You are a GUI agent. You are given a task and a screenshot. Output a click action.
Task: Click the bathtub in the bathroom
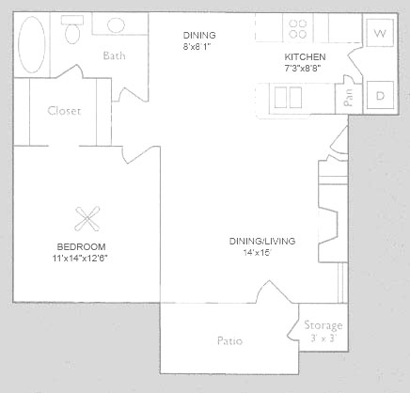pos(31,44)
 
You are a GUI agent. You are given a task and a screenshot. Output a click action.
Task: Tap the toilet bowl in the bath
pos(72,34)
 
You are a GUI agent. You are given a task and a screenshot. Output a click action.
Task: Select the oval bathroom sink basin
pos(116,25)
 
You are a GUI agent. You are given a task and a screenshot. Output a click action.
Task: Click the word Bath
pos(114,55)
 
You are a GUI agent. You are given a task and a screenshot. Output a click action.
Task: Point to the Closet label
pos(64,111)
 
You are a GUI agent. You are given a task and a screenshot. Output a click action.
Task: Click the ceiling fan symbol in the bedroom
pos(87,219)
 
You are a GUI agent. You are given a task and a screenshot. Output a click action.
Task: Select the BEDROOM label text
pos(81,246)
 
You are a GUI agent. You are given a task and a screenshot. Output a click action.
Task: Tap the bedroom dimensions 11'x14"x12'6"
pos(80,259)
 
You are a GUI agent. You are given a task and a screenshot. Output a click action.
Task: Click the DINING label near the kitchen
pos(199,35)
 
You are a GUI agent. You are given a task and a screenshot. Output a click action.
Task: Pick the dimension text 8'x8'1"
pos(197,47)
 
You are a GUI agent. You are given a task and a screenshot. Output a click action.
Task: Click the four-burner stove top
pos(298,29)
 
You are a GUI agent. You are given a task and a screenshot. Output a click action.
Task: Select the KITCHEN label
pos(305,57)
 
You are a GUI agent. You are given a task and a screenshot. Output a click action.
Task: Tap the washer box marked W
pos(380,33)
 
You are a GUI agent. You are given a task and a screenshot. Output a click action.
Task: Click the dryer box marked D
pos(380,95)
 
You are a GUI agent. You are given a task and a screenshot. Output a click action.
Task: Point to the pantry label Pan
pos(348,98)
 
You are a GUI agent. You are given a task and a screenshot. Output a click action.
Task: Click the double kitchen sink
pos(288,98)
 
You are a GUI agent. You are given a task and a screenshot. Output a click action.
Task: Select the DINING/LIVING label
pos(262,241)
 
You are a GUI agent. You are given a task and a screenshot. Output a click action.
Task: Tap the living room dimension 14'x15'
pos(257,253)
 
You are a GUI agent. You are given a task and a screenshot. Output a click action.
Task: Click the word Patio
pos(229,340)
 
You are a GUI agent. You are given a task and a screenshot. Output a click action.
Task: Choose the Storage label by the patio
pos(323,325)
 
